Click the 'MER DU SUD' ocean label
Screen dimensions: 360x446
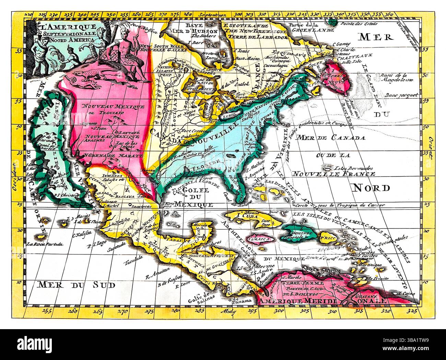(77, 284)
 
